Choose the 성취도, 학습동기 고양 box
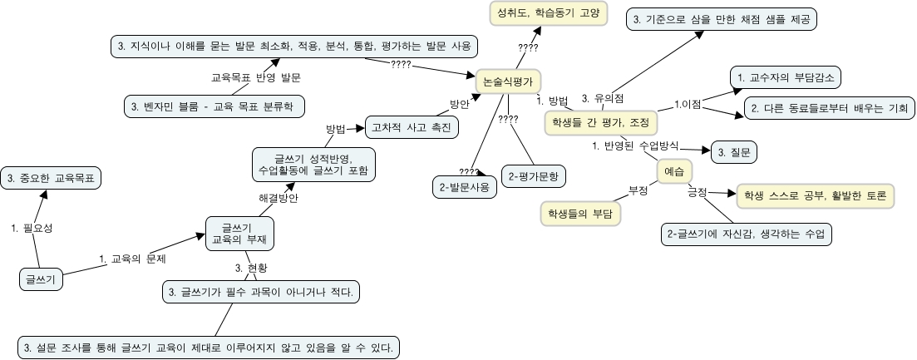tap(547, 14)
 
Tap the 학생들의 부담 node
tap(580, 214)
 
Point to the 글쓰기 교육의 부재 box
tap(239, 232)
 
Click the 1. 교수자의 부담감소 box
tap(785, 78)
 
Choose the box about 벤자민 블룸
tap(214, 106)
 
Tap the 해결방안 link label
tap(279, 198)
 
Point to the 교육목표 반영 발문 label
tap(256, 76)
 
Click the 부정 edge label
tap(638, 190)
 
